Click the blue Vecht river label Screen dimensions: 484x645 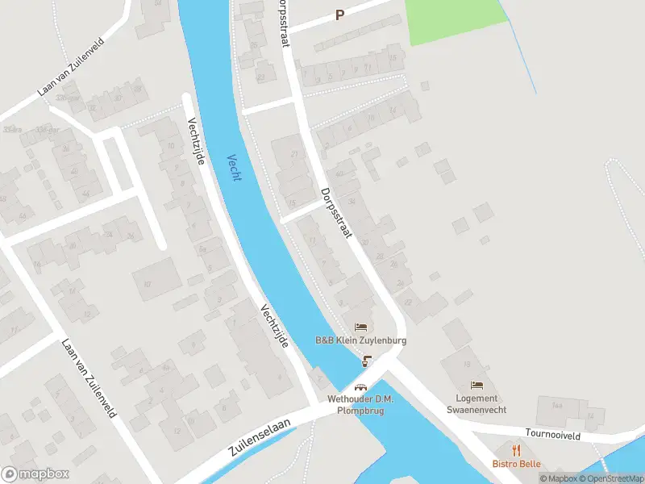pyautogui.click(x=234, y=167)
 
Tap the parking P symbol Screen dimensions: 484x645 pyautogui.click(x=339, y=14)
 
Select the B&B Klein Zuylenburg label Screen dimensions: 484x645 pyautogui.click(x=360, y=340)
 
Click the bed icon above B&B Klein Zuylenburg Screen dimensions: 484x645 pyautogui.click(x=360, y=327)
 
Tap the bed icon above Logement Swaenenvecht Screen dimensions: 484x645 pyautogui.click(x=476, y=384)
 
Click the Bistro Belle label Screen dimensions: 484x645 pyautogui.click(x=517, y=464)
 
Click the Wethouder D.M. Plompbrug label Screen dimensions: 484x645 pyautogui.click(x=360, y=405)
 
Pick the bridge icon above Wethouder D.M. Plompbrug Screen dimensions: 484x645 pyautogui.click(x=360, y=387)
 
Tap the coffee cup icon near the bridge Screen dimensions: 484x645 pyautogui.click(x=368, y=360)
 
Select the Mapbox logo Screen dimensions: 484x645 pyautogui.click(x=35, y=474)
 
